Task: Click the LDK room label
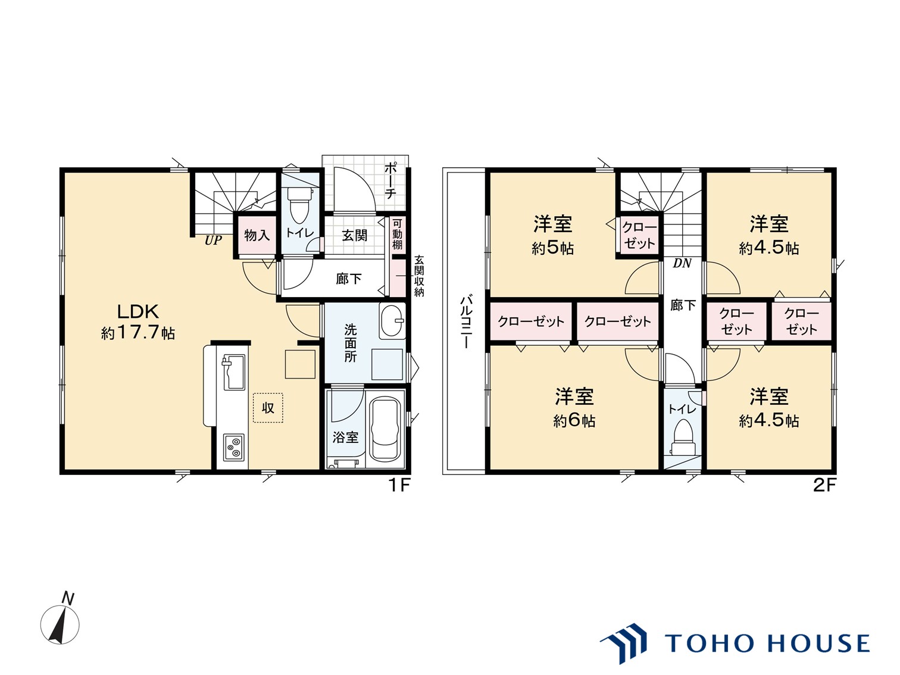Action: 137,312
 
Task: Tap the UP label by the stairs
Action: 213,240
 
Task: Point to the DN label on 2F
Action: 682,263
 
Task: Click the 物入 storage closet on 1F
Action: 257,235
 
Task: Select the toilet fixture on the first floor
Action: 297,204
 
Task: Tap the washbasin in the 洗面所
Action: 392,321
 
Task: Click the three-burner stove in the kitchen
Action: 234,447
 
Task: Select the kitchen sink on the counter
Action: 233,373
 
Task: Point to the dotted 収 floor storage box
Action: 268,408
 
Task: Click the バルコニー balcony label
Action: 466,321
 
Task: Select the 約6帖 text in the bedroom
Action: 574,421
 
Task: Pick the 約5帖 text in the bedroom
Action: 553,248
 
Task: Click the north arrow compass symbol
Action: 60,624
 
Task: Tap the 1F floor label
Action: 399,486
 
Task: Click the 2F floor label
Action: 824,486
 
